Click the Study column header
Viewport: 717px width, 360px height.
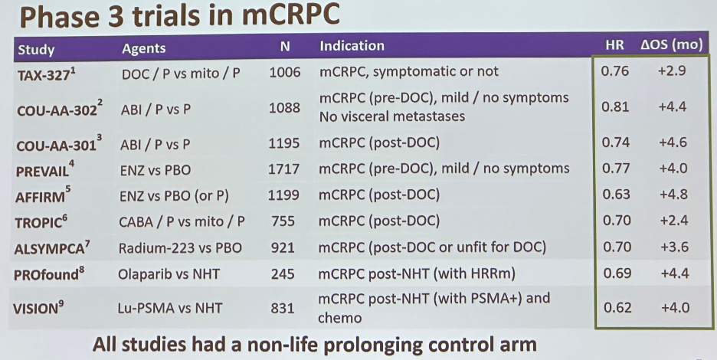[x=36, y=50]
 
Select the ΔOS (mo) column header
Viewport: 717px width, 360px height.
[x=671, y=45]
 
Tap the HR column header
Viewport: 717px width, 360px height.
[x=614, y=45]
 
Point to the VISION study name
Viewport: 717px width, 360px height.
[x=38, y=307]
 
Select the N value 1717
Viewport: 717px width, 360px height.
[x=284, y=169]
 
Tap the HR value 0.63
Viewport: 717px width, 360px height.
[x=615, y=195]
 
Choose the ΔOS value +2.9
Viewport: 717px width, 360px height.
[x=673, y=71]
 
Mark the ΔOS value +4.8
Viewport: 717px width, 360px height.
[x=673, y=195]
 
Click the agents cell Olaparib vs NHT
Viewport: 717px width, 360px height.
[x=169, y=274]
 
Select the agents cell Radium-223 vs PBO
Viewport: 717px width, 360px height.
[x=180, y=248]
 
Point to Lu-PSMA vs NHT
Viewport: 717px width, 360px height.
[x=169, y=308]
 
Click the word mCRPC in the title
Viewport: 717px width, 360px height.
[x=291, y=15]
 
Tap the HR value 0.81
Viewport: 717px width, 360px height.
[x=615, y=107]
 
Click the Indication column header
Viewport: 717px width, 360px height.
[x=352, y=46]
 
